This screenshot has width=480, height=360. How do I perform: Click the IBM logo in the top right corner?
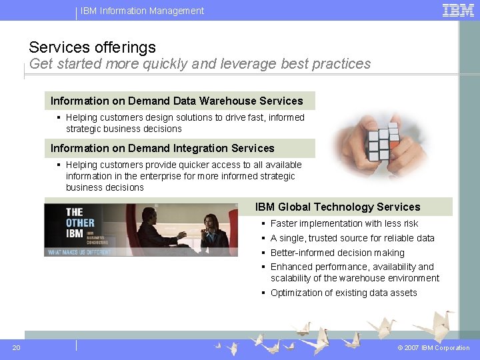458,10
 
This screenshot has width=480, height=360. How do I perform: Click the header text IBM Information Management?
142,11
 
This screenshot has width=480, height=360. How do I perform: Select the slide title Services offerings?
92,47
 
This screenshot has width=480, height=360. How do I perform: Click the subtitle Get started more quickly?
199,64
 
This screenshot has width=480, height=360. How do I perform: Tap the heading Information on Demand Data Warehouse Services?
177,101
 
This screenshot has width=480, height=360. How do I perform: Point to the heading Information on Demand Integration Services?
162,149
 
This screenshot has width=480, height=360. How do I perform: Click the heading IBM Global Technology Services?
337,207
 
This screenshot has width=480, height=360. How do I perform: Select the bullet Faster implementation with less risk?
344,223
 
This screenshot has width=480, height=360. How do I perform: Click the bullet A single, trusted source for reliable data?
352,238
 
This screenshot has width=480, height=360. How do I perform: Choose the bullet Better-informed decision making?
337,253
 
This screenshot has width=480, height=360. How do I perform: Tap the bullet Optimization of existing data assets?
343,293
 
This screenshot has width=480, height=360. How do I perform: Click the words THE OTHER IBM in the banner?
80,222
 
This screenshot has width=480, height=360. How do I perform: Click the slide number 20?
16,347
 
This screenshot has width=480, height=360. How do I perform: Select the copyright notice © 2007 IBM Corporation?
433,348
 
